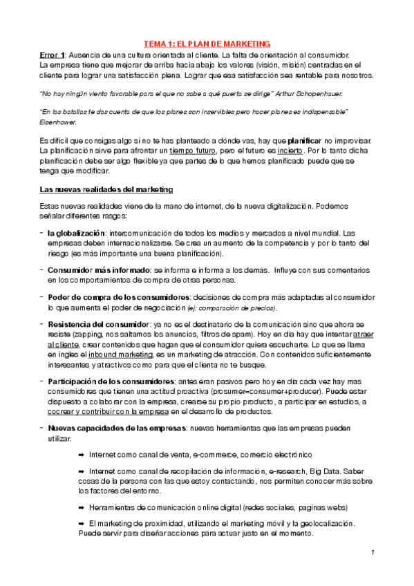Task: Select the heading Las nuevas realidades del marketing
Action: tap(106, 189)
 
